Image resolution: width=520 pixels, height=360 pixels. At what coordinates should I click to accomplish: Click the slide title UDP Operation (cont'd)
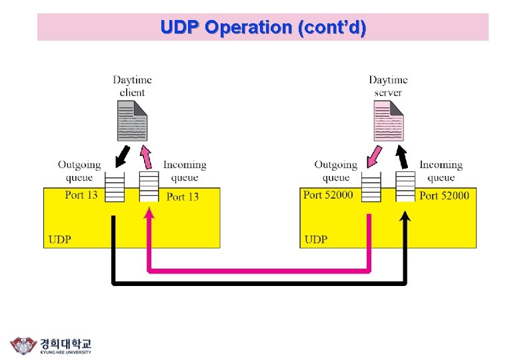(263, 27)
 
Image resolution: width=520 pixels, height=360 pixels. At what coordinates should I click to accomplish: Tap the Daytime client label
(132, 86)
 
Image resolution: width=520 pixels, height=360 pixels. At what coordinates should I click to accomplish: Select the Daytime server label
(388, 86)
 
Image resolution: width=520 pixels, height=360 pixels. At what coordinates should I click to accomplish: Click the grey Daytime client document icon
(132, 120)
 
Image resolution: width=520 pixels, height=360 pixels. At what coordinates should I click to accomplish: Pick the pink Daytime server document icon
(388, 120)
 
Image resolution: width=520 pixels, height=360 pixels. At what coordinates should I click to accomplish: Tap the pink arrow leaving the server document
(375, 158)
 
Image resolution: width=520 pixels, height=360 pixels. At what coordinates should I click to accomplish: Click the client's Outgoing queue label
(79, 171)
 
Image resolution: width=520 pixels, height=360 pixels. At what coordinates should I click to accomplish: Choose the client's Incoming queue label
(185, 171)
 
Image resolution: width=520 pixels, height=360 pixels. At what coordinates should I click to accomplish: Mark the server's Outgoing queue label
(336, 171)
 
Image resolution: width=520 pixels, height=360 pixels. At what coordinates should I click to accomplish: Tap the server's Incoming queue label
(441, 171)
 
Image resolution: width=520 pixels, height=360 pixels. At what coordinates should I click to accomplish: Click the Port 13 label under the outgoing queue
(81, 195)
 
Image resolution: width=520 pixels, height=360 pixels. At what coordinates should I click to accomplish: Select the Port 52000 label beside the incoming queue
(444, 195)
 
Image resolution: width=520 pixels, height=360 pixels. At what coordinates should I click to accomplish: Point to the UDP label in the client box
(60, 239)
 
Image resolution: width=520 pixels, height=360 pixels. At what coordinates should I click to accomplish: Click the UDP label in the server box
(316, 239)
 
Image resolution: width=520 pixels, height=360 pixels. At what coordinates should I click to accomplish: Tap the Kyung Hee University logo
(51, 345)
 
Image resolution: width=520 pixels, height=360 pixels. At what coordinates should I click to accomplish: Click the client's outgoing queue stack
(115, 187)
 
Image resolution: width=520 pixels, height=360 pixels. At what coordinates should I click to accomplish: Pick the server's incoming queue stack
(405, 187)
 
